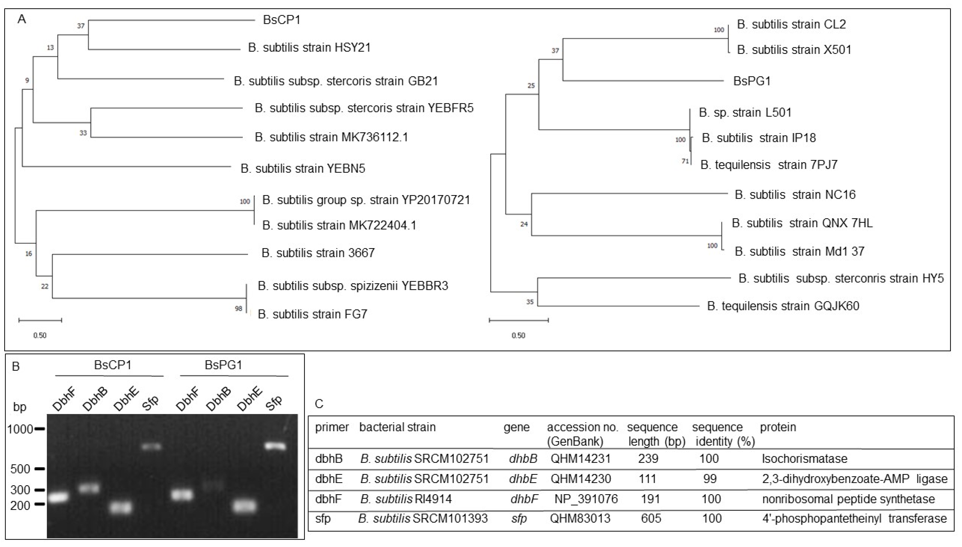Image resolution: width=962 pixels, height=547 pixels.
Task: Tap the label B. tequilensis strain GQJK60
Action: pos(783,306)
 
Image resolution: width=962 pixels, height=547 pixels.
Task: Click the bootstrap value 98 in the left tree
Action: pos(239,309)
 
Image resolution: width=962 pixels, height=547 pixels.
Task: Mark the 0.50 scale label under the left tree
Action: pos(40,335)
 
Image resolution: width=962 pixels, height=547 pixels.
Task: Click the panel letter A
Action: pos(22,19)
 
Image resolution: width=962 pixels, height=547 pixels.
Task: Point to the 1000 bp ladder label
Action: pos(20,429)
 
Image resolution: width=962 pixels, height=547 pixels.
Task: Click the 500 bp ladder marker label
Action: pos(20,469)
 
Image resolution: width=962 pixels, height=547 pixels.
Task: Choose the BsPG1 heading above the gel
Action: pos(223,365)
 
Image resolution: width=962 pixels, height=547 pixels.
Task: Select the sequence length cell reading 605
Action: pos(651,518)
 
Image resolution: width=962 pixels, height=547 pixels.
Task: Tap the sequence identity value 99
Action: pos(710,479)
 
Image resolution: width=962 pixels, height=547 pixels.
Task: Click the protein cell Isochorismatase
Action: pos(804,459)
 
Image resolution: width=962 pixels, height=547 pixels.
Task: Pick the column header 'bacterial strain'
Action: pos(397,427)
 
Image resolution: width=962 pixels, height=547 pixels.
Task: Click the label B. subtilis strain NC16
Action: pos(795,195)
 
